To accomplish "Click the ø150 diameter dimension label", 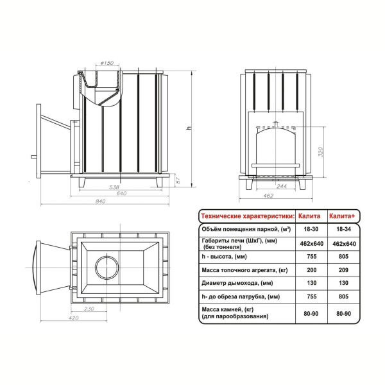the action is [107, 63].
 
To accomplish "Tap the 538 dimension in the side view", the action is [114, 187].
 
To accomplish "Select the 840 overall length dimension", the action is [100, 201].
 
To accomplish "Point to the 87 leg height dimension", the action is [178, 180].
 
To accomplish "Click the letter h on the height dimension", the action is [189, 128].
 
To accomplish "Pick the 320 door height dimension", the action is [320, 152].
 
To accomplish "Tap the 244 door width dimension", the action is [282, 186].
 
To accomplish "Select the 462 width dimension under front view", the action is [268, 196].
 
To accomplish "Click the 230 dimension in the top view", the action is [89, 309].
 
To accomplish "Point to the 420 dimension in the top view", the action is [73, 318].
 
